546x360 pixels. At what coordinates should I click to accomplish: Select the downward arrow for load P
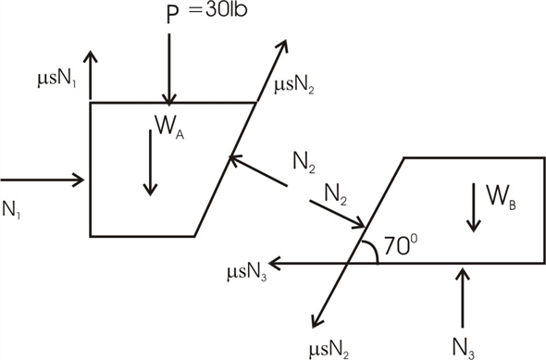169,69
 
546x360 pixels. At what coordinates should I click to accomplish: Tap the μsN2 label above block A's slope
293,86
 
